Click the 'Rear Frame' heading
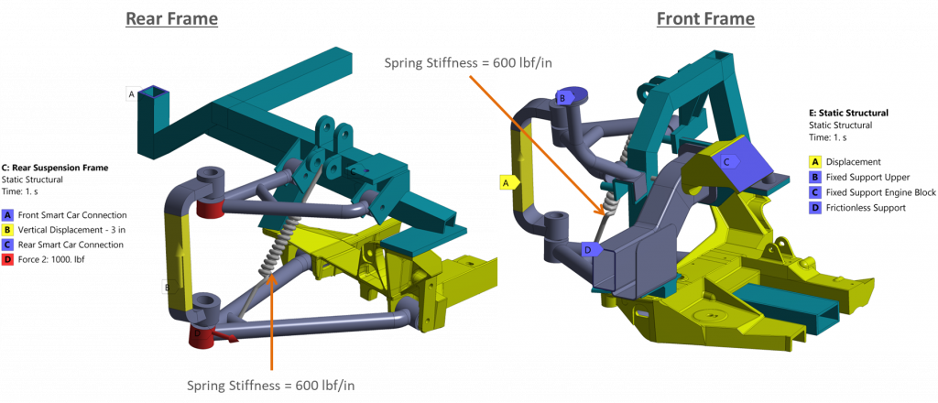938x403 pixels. [x=171, y=19]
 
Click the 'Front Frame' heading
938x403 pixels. [x=705, y=19]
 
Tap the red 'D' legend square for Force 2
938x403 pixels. [x=6, y=259]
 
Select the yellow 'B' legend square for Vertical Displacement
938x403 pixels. [x=6, y=230]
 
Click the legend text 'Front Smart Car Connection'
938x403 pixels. [x=72, y=214]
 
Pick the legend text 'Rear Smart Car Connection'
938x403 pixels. [x=71, y=245]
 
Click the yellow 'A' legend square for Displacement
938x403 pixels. [x=814, y=161]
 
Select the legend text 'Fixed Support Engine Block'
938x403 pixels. [x=880, y=192]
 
